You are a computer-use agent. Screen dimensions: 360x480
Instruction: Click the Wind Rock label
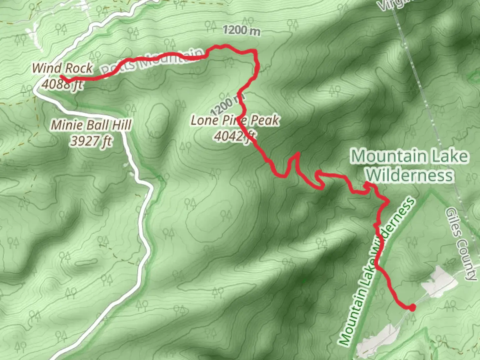click(x=62, y=68)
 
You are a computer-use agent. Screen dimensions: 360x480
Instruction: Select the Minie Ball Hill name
click(x=91, y=125)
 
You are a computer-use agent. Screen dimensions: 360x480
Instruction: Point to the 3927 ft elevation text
click(x=91, y=141)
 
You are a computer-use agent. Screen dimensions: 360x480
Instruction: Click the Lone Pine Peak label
click(x=235, y=120)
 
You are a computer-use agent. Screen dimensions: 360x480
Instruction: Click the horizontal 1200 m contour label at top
click(x=241, y=30)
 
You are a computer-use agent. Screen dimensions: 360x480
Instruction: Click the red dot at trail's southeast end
click(x=412, y=308)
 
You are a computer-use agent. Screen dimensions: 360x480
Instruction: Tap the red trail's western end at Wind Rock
click(x=62, y=77)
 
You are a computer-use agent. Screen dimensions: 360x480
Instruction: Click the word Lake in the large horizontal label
click(x=449, y=156)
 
